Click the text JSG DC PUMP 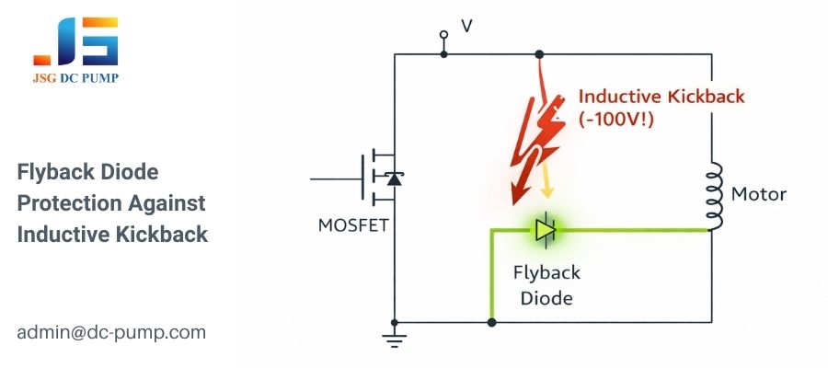coord(75,79)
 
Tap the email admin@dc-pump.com coord(111,332)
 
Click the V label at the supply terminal coord(466,27)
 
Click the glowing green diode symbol coord(546,228)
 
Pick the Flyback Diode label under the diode coord(546,285)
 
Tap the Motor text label coord(758,195)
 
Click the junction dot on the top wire coord(539,54)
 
